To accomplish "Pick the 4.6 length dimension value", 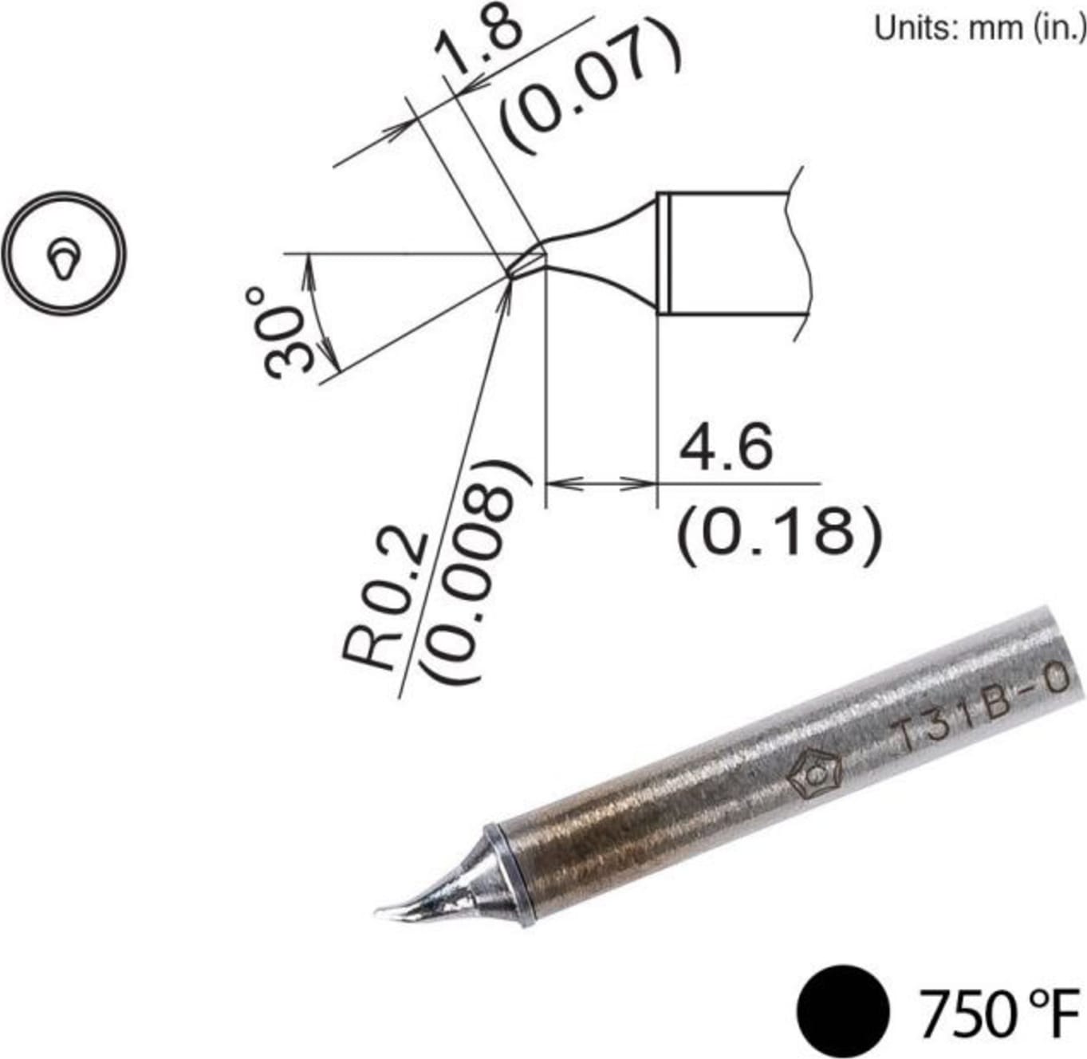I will (x=726, y=447).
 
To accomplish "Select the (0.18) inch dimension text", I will (x=779, y=533).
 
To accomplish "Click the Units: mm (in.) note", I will (x=979, y=28).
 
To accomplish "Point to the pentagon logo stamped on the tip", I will (x=814, y=774).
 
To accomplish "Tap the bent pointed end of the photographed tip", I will (x=395, y=911).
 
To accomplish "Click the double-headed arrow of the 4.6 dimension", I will (x=600, y=483).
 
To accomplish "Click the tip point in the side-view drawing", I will (x=510, y=276).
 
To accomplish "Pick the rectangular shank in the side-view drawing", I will (x=730, y=254).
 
